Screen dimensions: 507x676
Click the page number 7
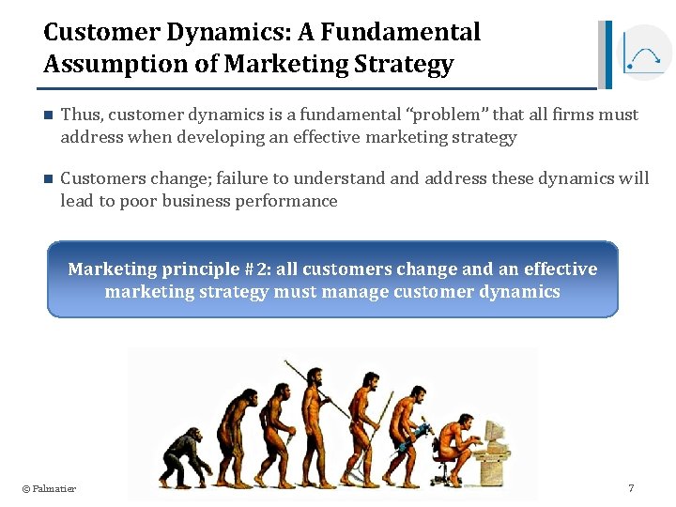[631, 488]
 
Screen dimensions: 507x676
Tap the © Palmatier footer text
[49, 488]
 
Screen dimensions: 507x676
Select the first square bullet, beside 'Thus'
[49, 115]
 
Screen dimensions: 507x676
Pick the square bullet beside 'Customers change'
[49, 179]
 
